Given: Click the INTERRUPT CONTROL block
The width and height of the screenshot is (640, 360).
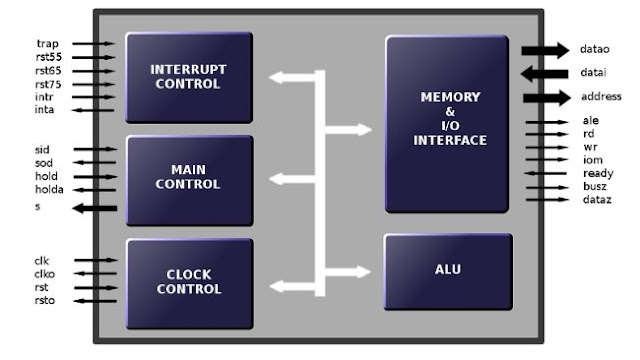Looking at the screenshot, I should pos(188,77).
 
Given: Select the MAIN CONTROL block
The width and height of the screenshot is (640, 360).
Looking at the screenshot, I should pos(188,178).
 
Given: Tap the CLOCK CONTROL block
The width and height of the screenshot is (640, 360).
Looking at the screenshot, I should pos(188,283).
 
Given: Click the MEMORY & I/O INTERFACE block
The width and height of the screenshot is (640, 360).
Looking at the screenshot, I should pos(446,124).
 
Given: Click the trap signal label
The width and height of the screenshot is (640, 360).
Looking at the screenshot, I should pos(47,44).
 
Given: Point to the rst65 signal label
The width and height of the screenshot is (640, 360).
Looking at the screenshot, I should pos(49,71).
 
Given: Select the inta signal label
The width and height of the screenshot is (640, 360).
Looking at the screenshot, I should pos(46,111).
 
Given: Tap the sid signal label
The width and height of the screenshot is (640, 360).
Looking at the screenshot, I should pos(42,149).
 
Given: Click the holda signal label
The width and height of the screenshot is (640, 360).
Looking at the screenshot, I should pos(49,189).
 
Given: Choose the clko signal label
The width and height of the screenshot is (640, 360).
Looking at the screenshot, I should pos(46,273).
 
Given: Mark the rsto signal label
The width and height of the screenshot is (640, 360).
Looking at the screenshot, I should pos(46,299).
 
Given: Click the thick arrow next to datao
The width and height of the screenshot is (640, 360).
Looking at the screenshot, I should pos(545,50).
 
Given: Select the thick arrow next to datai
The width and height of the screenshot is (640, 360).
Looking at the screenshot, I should pos(545,73).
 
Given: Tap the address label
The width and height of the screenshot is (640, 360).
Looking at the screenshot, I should pos(602,97).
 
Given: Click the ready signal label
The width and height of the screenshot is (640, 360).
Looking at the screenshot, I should pos(597,173).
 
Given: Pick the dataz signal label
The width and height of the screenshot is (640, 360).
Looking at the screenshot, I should pos(596,199).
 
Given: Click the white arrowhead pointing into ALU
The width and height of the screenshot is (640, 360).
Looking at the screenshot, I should pos(361,269).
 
